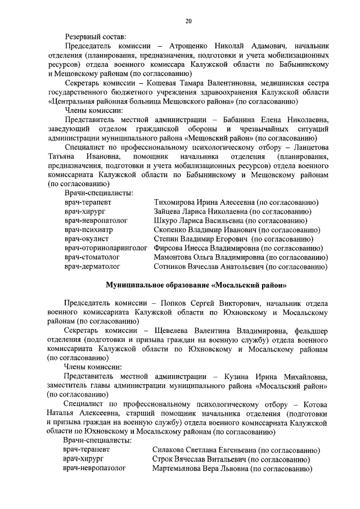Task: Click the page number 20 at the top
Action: coord(188,21)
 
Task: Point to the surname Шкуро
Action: coord(166,221)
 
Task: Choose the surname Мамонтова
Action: coord(175,257)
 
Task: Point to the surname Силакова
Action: coord(172,450)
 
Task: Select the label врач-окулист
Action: coord(87,239)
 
